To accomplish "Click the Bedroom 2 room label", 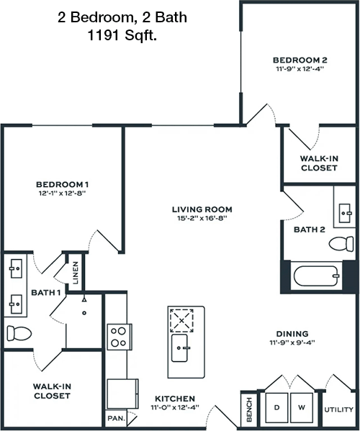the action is (x=300, y=60).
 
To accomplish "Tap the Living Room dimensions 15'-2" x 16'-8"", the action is (x=202, y=219).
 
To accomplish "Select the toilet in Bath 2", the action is (x=341, y=243).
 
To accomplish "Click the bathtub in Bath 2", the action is (x=316, y=276).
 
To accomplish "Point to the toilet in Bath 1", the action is (x=19, y=333).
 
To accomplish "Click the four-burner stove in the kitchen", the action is (x=119, y=337).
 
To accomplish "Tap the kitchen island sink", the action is (x=179, y=348).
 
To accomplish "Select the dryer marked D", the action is (x=276, y=408).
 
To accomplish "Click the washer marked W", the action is (x=302, y=408).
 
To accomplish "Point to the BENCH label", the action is (x=249, y=409).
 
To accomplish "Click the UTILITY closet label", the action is (x=339, y=409).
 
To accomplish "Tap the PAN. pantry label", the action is (x=117, y=418).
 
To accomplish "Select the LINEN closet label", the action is (x=76, y=273).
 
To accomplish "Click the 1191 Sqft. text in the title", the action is (x=122, y=35).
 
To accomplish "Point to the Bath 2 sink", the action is (x=345, y=213).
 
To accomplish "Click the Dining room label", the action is (x=292, y=334).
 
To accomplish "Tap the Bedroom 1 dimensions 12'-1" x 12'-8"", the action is (x=63, y=194).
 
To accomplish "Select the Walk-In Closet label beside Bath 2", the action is (x=319, y=163).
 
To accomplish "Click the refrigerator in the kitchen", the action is (x=122, y=394).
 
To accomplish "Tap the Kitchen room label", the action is (x=175, y=399).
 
